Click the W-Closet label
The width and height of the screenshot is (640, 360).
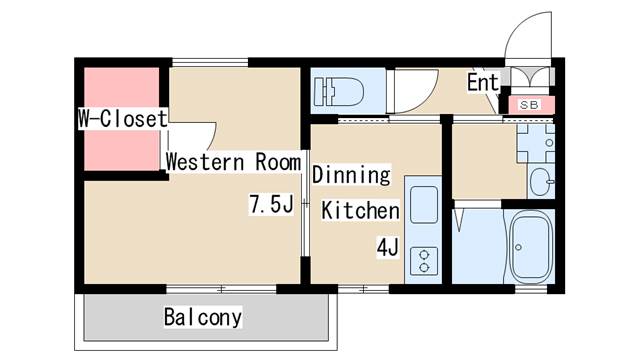pyautogui.click(x=122, y=118)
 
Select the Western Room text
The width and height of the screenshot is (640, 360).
pyautogui.click(x=232, y=161)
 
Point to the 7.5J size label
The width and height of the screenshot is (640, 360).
pyautogui.click(x=270, y=206)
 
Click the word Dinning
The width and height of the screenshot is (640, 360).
pyautogui.click(x=350, y=175)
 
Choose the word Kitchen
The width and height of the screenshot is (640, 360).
pyautogui.click(x=360, y=211)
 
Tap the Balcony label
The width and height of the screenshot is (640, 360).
pyautogui.click(x=203, y=318)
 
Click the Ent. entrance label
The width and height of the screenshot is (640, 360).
pyautogui.click(x=482, y=83)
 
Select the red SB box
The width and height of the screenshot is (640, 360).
pyautogui.click(x=529, y=104)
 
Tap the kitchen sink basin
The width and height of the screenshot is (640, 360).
pyautogui.click(x=424, y=205)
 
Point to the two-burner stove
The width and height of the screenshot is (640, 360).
pyautogui.click(x=424, y=259)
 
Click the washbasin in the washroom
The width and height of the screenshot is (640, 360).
pyautogui.click(x=540, y=181)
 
